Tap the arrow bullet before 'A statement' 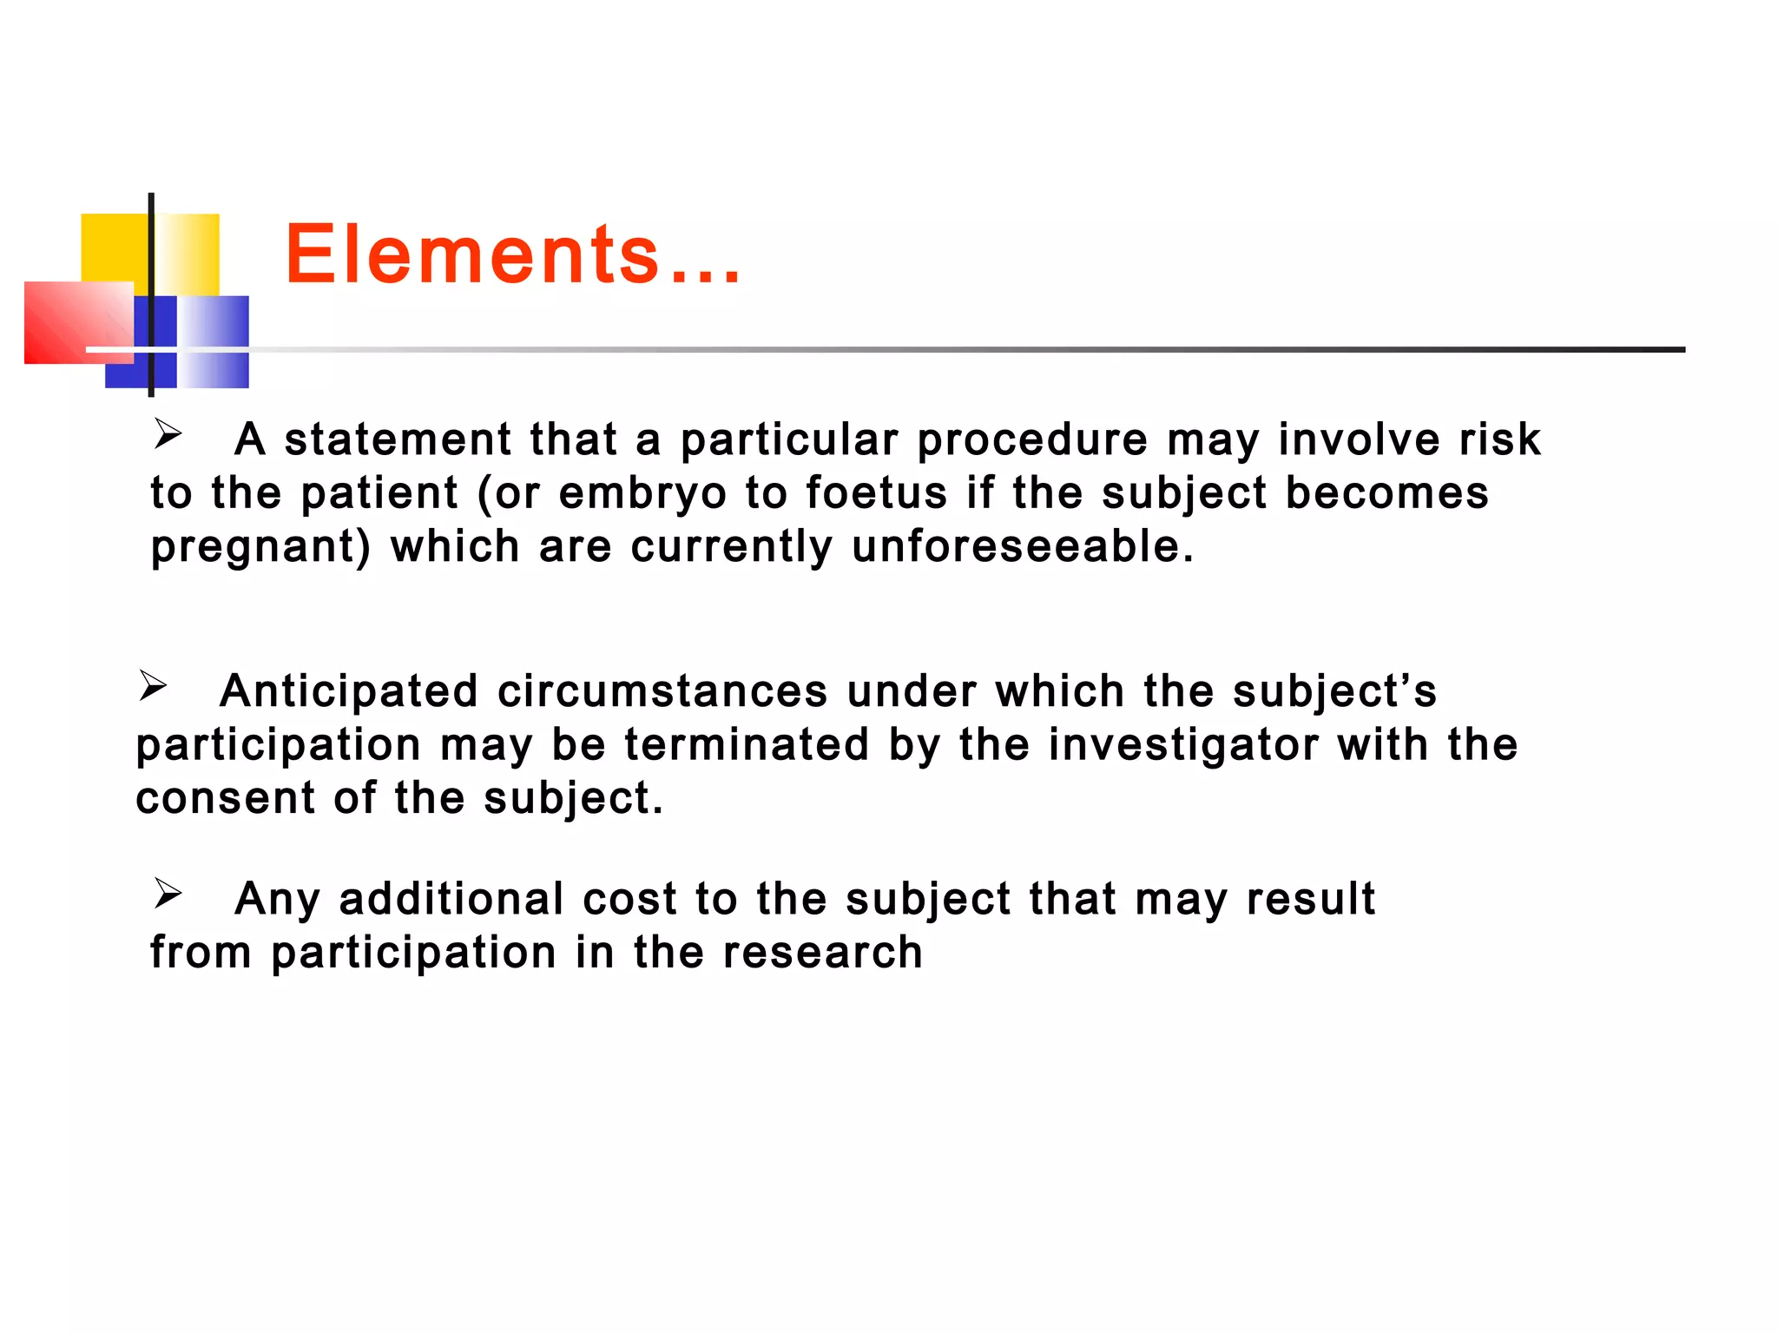pyautogui.click(x=168, y=433)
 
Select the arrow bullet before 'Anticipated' pyautogui.click(x=153, y=686)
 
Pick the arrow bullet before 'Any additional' pyautogui.click(x=168, y=893)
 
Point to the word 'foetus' pyautogui.click(x=876, y=493)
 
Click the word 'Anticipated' pyautogui.click(x=349, y=692)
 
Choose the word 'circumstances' pyautogui.click(x=662, y=692)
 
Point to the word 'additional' pyautogui.click(x=451, y=899)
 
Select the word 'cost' pyautogui.click(x=629, y=899)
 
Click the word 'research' pyautogui.click(x=822, y=953)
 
